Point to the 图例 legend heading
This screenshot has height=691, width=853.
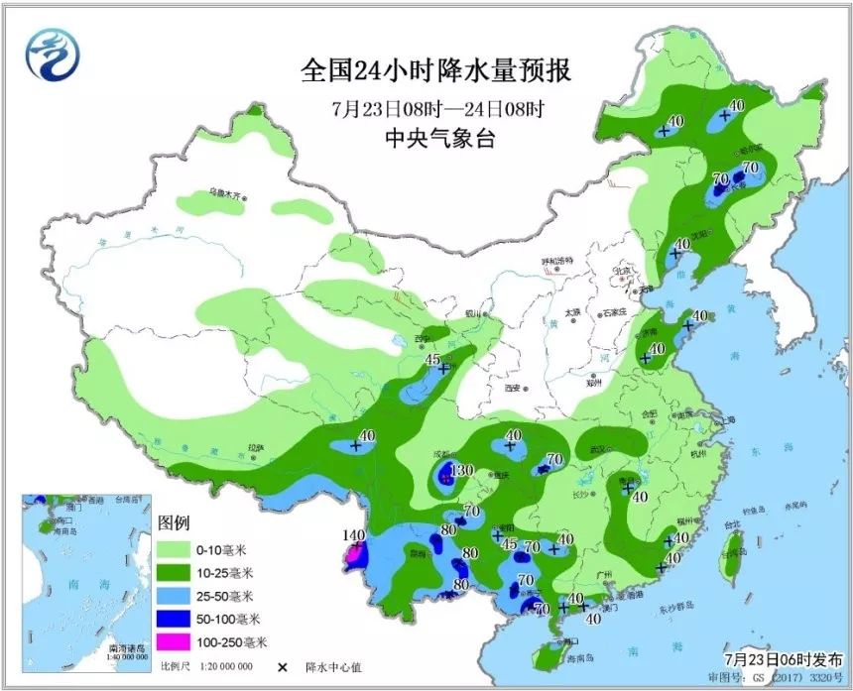(173, 522)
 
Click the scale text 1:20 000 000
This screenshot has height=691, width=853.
(225, 666)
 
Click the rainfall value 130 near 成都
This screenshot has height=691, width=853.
(462, 470)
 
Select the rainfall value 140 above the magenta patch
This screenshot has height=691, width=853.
(354, 535)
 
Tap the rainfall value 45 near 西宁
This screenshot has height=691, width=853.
(433, 360)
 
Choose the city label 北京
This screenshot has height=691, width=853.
(622, 270)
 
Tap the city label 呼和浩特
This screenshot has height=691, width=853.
(557, 260)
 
